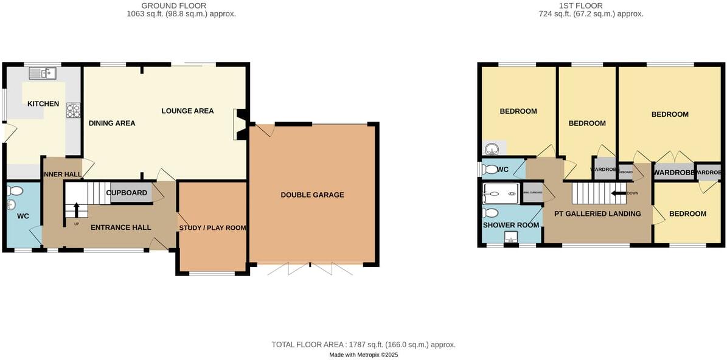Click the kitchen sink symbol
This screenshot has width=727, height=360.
42,73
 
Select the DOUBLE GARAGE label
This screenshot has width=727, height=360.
312,195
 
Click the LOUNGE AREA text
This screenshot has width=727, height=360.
187,111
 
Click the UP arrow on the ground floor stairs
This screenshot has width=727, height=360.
77,211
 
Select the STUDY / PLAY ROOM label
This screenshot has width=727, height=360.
212,228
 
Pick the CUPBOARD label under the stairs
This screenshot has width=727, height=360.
127,193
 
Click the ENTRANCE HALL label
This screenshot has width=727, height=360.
120,227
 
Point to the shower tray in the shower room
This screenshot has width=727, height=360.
501,193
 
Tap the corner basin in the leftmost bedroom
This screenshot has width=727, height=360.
492,148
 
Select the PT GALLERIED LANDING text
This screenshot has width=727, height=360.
597,213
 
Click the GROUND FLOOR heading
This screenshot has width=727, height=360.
166,5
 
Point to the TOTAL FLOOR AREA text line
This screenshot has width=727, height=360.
363,344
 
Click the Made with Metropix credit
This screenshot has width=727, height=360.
363,355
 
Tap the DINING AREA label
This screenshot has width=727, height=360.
112,123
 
